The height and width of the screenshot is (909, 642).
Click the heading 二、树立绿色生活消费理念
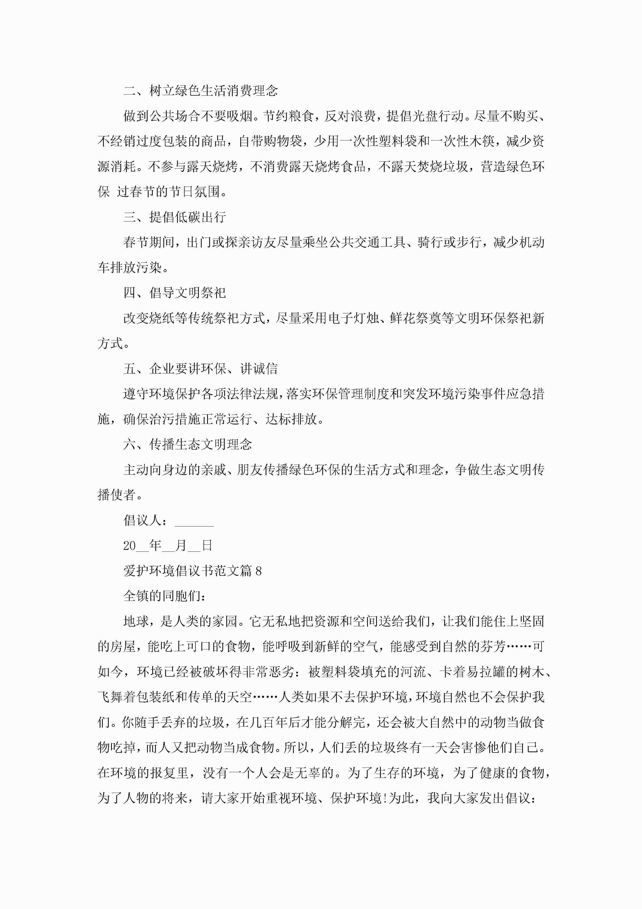pos(201,91)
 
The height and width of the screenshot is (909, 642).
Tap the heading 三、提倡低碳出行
pos(174,217)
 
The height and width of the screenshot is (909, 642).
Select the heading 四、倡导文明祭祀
pos(174,293)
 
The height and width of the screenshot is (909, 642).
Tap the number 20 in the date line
pos(129,546)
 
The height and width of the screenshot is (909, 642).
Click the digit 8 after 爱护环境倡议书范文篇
pos(259,571)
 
